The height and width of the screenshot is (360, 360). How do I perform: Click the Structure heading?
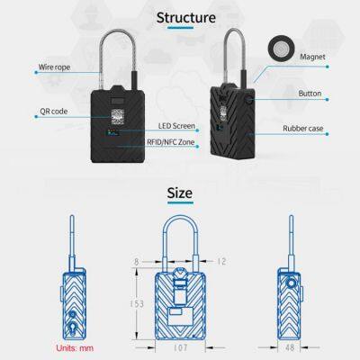(186, 18)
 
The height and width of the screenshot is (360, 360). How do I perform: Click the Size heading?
(180, 193)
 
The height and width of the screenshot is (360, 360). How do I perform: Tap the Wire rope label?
(54, 67)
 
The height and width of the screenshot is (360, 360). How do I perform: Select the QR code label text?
(54, 112)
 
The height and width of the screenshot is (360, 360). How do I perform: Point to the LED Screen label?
(176, 126)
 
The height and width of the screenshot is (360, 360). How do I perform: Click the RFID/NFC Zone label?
(171, 142)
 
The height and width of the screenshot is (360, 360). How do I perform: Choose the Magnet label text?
(312, 57)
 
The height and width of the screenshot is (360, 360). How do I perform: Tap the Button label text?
(310, 94)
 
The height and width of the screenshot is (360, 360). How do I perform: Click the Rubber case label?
(303, 129)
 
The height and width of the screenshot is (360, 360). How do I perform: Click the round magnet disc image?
(281, 49)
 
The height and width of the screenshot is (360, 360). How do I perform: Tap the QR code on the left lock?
(118, 117)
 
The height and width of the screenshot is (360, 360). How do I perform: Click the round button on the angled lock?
(248, 99)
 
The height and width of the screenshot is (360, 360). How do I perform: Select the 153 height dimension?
(137, 304)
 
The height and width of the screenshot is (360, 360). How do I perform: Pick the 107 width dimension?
(181, 347)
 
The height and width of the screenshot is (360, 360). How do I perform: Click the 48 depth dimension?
(290, 347)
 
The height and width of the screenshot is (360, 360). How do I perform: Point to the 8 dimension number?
(137, 262)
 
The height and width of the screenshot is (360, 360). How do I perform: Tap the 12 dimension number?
(221, 261)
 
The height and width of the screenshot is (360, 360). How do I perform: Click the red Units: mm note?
(75, 348)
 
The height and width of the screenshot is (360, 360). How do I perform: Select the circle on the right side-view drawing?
(291, 283)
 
